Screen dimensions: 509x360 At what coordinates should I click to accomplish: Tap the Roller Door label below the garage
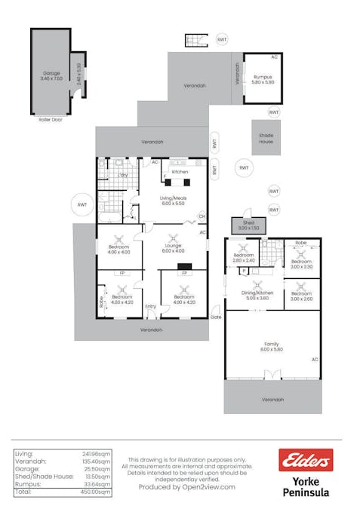[50, 119]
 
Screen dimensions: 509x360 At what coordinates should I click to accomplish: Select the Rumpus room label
[262, 77]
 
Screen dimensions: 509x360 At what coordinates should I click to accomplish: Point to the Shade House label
[266, 139]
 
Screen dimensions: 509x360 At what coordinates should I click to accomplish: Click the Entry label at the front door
[150, 306]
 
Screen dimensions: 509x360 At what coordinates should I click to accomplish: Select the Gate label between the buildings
[217, 317]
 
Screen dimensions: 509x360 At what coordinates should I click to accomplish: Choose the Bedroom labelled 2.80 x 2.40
[243, 258]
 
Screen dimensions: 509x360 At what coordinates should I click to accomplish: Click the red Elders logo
[305, 459]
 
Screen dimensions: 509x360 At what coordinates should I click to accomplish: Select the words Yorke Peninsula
[305, 486]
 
